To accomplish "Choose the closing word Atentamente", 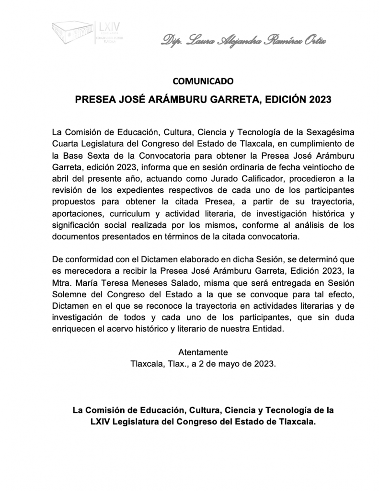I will point(203,352).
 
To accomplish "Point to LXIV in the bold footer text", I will point(100,422).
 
